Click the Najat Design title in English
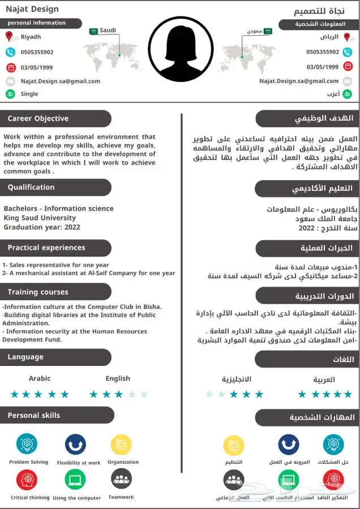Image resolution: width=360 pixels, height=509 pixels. [32, 9]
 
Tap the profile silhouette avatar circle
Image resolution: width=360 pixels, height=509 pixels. [181, 49]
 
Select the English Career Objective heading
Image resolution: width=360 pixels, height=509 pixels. [38, 119]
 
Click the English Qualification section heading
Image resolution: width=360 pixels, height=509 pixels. [31, 187]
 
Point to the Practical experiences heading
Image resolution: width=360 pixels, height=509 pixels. [46, 248]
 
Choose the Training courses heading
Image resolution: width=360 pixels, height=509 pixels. [38, 292]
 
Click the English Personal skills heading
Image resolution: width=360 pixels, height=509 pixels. [34, 415]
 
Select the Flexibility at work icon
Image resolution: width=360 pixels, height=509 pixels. [75, 445]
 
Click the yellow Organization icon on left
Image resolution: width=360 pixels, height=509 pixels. [121, 445]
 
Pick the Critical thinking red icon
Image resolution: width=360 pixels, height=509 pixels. [27, 480]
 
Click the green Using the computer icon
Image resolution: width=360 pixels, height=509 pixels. [75, 480]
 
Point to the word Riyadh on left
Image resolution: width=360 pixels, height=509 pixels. [31, 37]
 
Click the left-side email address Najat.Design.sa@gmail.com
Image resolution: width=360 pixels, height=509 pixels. [61, 81]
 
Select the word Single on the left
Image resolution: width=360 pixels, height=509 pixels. [29, 94]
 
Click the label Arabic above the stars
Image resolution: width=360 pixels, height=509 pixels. [40, 378]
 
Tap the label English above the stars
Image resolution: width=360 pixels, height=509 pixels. [118, 378]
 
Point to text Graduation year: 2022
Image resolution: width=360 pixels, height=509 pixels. [42, 227]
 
